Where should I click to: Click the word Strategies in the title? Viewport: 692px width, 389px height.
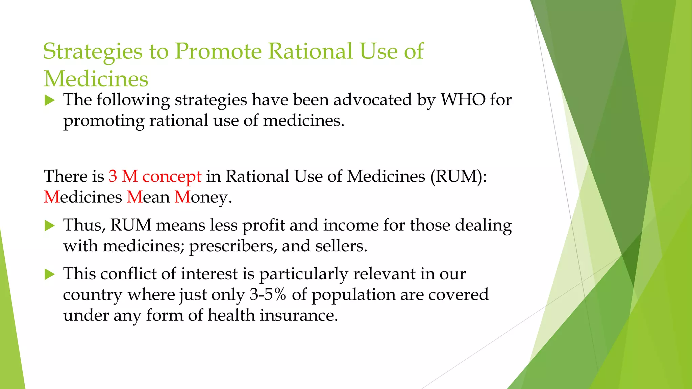93,52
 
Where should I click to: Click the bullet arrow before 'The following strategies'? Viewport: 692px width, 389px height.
50,100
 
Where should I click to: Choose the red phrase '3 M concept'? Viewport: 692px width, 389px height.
155,176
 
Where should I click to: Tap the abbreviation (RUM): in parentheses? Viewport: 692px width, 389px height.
459,176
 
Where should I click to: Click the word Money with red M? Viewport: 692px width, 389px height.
203,197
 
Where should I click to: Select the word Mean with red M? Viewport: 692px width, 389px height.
148,197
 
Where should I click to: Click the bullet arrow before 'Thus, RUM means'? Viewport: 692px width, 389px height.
50,226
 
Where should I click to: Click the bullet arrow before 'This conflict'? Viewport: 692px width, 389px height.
50,274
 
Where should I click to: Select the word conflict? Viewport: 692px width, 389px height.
128,274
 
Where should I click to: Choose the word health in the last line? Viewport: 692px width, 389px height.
231,315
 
